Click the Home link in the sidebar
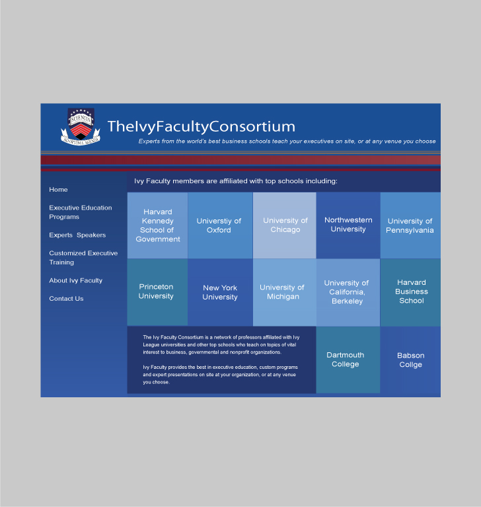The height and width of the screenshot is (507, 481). [x=58, y=190]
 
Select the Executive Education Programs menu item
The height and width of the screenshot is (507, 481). [x=81, y=212]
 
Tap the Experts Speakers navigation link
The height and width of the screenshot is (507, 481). [x=77, y=235]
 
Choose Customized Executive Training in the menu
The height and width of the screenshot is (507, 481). [x=83, y=258]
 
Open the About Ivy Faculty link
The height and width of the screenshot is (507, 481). [x=75, y=281]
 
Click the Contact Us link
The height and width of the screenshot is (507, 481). [x=66, y=299]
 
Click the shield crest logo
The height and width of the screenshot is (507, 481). [x=81, y=126]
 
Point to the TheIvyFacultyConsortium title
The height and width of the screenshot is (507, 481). [x=202, y=126]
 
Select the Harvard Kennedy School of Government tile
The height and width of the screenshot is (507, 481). [x=157, y=225]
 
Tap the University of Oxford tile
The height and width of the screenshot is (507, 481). [x=220, y=225]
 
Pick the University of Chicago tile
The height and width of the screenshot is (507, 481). [x=285, y=225]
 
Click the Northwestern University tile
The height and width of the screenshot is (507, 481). [x=348, y=225]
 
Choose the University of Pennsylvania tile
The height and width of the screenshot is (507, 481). [x=410, y=225]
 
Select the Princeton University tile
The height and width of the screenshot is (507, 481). [x=157, y=292]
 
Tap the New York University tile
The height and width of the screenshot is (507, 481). [x=220, y=292]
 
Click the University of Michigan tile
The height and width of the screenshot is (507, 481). [x=285, y=292]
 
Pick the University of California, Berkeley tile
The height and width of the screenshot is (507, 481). [x=348, y=292]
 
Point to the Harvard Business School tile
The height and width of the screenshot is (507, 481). [x=410, y=292]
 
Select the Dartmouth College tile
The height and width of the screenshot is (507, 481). [x=348, y=360]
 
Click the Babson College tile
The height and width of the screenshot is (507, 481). [x=410, y=360]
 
